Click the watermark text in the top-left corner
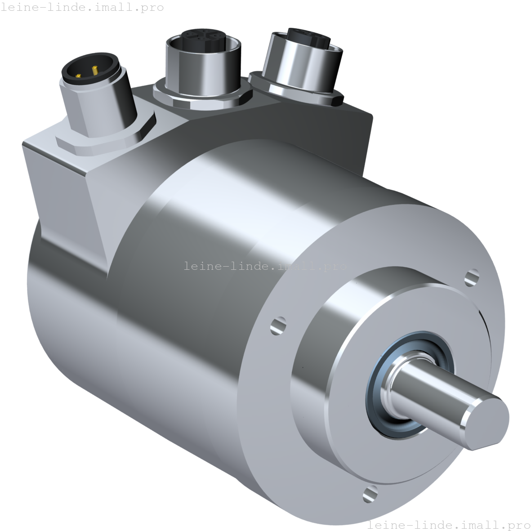(x=82, y=7)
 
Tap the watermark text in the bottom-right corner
(x=449, y=525)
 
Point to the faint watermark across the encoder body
(x=265, y=266)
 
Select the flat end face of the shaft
(x=485, y=423)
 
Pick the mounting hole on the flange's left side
(x=279, y=325)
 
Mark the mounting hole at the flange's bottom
(x=370, y=494)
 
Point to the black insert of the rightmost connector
(x=306, y=36)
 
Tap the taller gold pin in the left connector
(x=95, y=70)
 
